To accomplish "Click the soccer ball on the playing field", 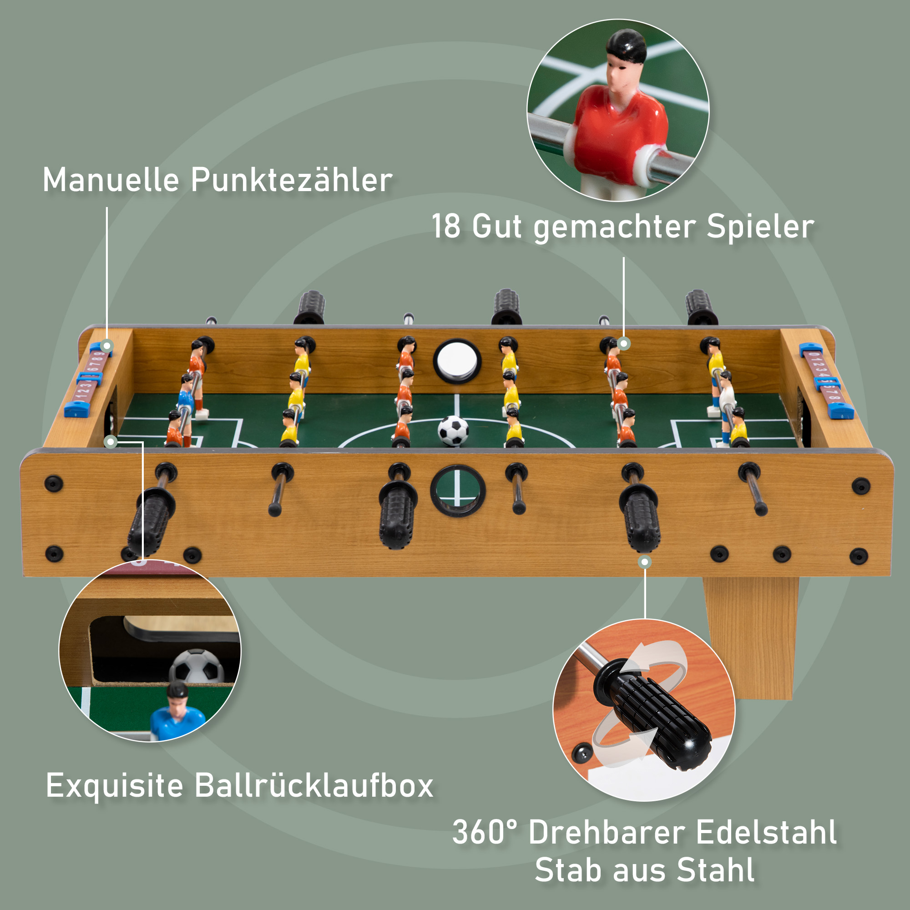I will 453,430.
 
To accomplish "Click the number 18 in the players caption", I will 445,226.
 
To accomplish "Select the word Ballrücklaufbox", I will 313,786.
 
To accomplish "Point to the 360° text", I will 485,832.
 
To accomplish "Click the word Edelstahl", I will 766,832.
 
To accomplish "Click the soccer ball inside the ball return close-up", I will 197,666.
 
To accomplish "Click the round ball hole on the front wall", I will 457,490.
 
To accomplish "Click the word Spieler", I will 760,226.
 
